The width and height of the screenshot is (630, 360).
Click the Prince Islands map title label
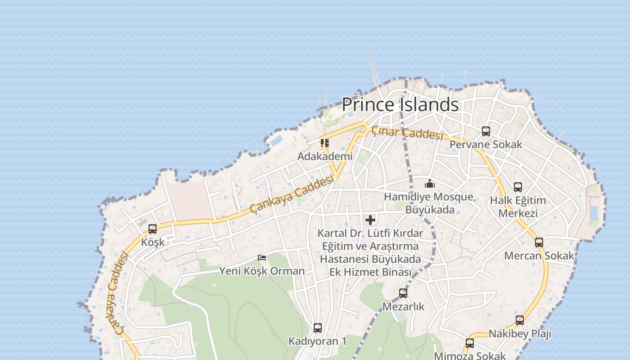click(400, 104)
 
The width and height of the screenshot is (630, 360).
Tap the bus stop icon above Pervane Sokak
click(486, 131)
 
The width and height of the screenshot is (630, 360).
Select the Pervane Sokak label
click(486, 144)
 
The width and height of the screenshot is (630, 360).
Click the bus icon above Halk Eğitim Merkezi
click(518, 187)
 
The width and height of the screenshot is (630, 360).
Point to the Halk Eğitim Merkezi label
click(518, 207)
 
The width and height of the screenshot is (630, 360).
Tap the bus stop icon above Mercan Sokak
click(539, 243)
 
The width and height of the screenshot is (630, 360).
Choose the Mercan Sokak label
click(539, 256)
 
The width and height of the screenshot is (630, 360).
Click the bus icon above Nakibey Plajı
click(520, 320)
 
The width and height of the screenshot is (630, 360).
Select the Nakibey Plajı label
click(520, 334)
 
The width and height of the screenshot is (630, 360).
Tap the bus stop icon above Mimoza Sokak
click(470, 343)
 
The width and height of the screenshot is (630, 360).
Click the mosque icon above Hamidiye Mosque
click(430, 184)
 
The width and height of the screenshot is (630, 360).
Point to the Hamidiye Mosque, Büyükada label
click(430, 203)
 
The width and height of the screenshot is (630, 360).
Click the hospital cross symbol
click(370, 220)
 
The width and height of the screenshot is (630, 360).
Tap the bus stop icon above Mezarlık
click(403, 293)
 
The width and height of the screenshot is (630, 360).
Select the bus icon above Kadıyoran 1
click(318, 328)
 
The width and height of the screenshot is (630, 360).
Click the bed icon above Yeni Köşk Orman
click(262, 258)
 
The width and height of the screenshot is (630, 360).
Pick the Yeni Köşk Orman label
click(262, 271)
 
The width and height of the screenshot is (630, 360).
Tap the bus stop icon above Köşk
click(153, 229)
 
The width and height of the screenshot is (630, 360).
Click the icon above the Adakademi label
click(325, 143)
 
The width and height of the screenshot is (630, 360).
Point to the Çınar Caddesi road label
click(407, 133)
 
